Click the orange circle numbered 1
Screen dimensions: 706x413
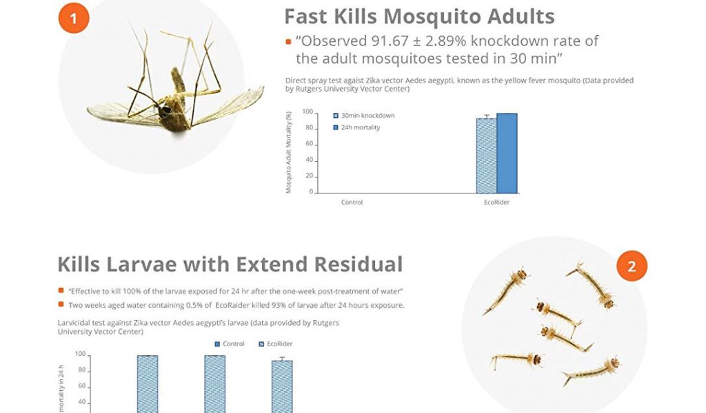tap(74, 18)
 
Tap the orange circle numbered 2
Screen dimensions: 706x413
tap(632, 266)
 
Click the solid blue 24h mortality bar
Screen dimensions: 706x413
tap(507, 153)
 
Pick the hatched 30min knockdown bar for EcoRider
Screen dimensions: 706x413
tap(487, 156)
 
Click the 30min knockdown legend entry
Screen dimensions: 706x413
tap(364, 116)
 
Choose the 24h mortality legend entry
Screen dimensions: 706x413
tap(356, 127)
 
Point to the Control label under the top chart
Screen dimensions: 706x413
tap(352, 202)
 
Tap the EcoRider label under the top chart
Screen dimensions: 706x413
tap(496, 202)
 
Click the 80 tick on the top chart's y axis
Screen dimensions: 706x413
tap(310, 127)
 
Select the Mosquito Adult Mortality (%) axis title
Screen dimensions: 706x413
tap(289, 152)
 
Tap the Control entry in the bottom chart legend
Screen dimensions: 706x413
tap(230, 343)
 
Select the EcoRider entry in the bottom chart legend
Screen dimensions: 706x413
tap(276, 343)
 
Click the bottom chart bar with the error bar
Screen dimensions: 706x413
tap(282, 385)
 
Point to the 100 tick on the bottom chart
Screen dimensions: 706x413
tap(80, 354)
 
